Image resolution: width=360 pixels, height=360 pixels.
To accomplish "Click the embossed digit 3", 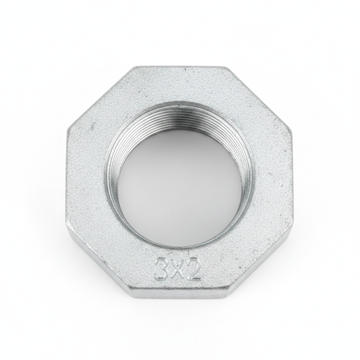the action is tap(161, 269).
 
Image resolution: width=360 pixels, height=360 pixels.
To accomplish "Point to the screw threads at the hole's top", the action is tap(178, 115).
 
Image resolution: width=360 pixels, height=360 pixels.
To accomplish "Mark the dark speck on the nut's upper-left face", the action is tap(93, 126).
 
